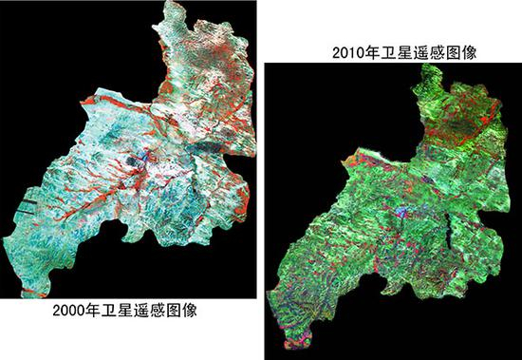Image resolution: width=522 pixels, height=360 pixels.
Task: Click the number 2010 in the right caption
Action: click(x=346, y=55)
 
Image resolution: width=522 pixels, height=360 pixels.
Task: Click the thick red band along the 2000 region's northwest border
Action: click(x=114, y=98)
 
